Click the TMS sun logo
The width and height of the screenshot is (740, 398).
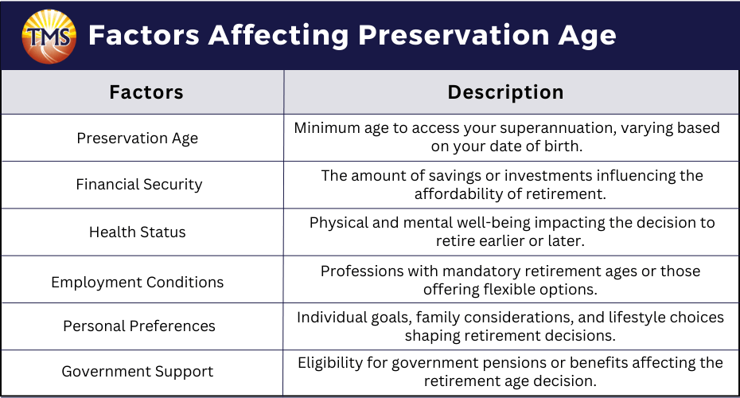[49, 37]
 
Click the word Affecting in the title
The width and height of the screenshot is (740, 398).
[278, 36]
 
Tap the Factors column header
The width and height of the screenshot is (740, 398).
[146, 92]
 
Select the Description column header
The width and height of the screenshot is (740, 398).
[505, 92]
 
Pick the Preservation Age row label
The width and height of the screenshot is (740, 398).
[138, 139]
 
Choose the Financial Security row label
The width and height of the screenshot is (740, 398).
[139, 184]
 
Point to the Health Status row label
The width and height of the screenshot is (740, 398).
[138, 232]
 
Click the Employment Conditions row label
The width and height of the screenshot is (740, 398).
[138, 282]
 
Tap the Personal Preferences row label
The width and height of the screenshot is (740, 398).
[139, 326]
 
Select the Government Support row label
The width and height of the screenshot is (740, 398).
[138, 372]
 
